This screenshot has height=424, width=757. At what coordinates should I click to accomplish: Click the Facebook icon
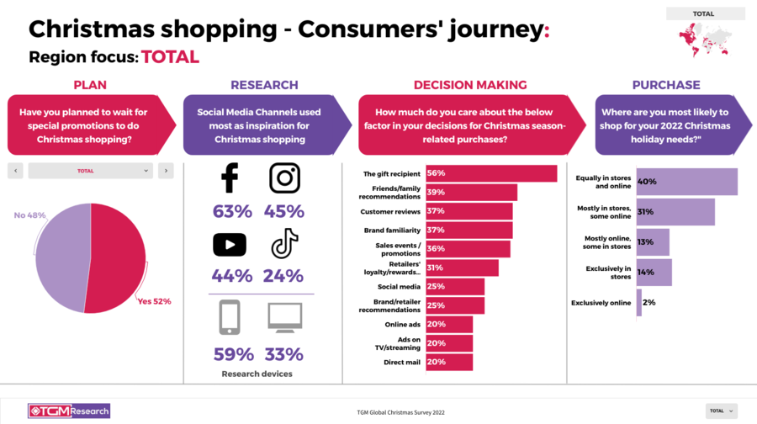coord(229,178)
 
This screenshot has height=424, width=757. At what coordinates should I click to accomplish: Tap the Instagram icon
coord(284,178)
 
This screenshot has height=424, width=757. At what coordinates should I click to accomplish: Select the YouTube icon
coord(229,244)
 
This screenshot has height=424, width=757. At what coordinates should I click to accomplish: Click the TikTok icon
coord(284,244)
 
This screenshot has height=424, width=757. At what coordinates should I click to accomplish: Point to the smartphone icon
coord(229,317)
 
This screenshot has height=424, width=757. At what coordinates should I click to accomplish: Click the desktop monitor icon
coord(284,317)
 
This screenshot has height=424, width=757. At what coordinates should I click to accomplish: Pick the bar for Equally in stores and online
coord(686,182)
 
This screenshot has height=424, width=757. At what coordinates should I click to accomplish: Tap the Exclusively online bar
coord(639,303)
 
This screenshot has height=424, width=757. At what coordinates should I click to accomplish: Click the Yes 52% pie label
coord(154,301)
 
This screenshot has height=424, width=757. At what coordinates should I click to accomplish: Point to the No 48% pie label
coord(29,215)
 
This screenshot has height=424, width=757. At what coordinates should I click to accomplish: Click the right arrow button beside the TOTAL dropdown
coord(166,171)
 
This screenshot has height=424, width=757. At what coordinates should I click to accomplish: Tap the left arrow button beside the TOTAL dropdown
coord(15,171)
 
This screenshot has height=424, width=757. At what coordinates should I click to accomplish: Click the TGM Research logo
coord(69,411)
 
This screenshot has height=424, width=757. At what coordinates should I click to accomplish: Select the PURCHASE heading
coord(666,85)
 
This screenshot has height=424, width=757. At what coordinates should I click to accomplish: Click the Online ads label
coord(403,324)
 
